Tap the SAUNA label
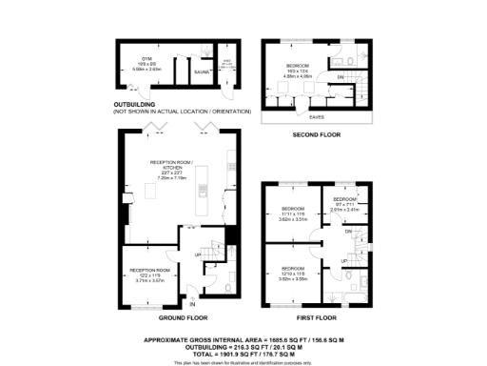(x=201, y=71)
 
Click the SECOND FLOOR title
(x=316, y=135)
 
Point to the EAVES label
(x=315, y=117)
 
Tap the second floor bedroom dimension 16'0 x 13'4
(x=300, y=71)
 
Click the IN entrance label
(x=191, y=304)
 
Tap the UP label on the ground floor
(x=197, y=255)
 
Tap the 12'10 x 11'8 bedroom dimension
(x=292, y=273)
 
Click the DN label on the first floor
(x=348, y=233)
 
